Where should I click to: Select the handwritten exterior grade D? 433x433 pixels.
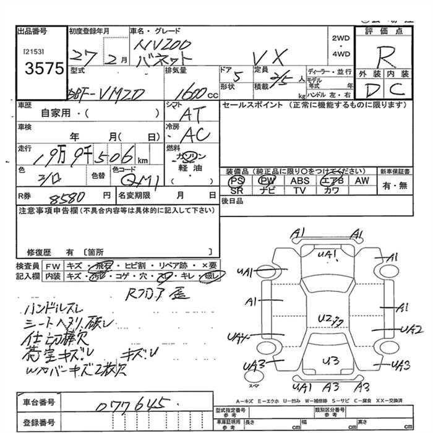pyautogui.click(x=371, y=91)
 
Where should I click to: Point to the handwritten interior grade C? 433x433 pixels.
pyautogui.click(x=398, y=90)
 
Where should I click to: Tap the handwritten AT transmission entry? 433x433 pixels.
pyautogui.click(x=194, y=114)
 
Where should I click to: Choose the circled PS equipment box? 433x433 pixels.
pyautogui.click(x=236, y=181)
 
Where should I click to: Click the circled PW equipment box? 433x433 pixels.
pyautogui.click(x=267, y=181)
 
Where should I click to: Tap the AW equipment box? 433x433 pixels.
pyautogui.click(x=362, y=181)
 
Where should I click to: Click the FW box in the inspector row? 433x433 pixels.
pyautogui.click(x=53, y=265)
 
